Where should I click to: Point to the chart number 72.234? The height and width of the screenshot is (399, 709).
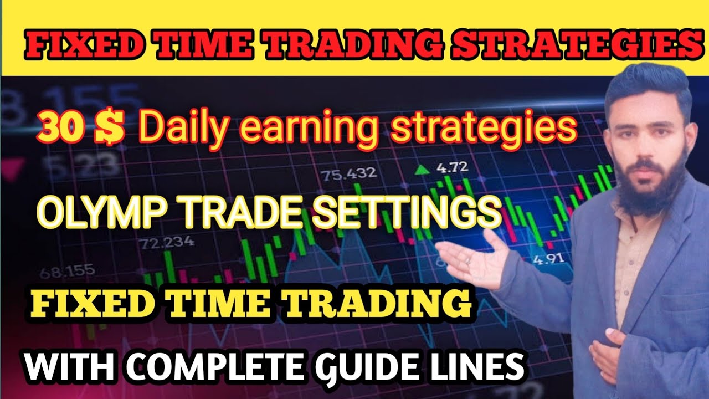click(x=166, y=243)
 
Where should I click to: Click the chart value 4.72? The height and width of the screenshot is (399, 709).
click(x=452, y=167)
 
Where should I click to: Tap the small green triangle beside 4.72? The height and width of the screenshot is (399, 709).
click(x=424, y=168)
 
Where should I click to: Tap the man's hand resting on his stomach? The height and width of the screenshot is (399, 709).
click(x=609, y=346)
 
